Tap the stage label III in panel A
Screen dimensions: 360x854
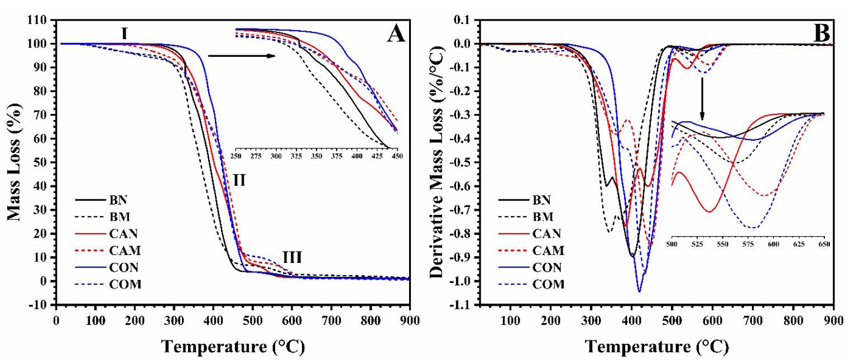pyautogui.click(x=292, y=257)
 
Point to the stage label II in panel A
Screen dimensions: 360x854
pyautogui.click(x=239, y=180)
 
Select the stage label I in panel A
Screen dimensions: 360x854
pyautogui.click(x=126, y=34)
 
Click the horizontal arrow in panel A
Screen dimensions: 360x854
pyautogui.click(x=241, y=56)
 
